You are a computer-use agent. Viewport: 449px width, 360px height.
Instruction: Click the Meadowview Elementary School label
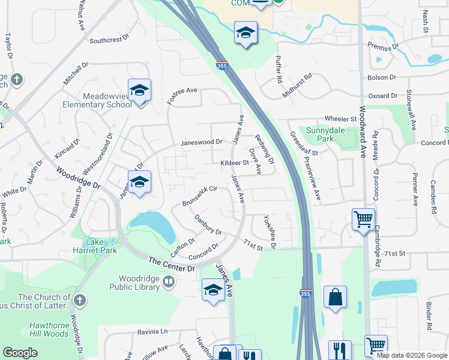(x=97, y=101)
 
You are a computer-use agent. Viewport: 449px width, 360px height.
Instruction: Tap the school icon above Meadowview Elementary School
(x=139, y=91)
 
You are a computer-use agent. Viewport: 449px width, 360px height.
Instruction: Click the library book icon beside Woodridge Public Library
(x=169, y=282)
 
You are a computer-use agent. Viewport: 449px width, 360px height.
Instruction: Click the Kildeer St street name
(x=234, y=163)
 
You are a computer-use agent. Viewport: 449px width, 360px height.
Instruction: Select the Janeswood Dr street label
(x=202, y=142)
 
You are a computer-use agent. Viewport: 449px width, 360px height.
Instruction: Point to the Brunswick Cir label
(x=199, y=196)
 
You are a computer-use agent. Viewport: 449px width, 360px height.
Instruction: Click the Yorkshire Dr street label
(x=268, y=232)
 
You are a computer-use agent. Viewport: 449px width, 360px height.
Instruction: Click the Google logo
(x=20, y=353)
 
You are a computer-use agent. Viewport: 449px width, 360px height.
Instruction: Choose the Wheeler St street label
(x=341, y=119)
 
